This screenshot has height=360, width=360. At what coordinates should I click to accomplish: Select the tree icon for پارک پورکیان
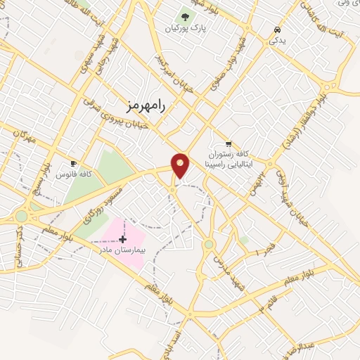185,16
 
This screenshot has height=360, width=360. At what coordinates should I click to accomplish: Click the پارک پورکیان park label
185,29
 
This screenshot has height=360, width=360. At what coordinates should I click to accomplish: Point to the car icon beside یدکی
278,30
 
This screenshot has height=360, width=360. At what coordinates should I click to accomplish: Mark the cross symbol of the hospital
123,239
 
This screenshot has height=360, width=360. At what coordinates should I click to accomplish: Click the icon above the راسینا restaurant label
228,142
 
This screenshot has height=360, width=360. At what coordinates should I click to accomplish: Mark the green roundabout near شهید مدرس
209,245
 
